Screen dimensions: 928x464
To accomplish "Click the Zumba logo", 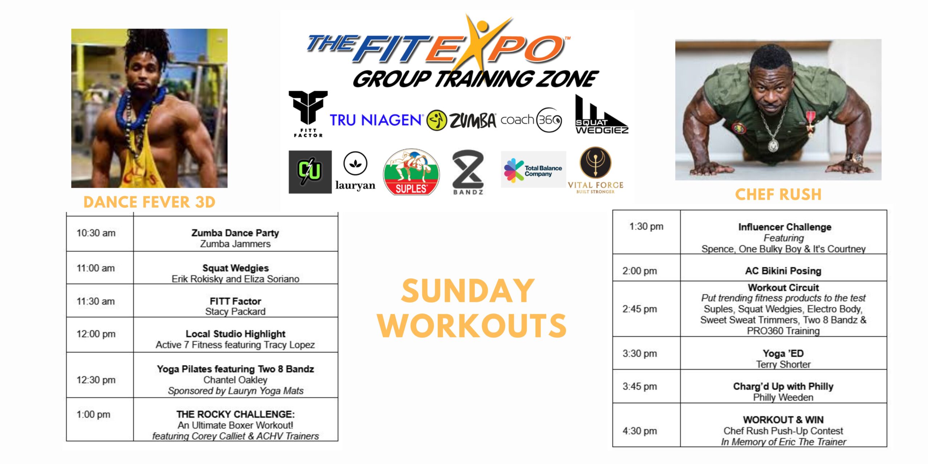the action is (461, 120).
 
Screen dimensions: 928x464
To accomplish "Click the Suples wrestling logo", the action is (411, 172).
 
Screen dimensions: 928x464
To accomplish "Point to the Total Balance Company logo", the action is (533, 170).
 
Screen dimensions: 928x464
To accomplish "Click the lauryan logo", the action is (355, 171).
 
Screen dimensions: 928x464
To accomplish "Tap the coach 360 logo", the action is (531, 120).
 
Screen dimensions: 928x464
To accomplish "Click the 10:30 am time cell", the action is (96, 233).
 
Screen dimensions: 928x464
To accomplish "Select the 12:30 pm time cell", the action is (96, 380).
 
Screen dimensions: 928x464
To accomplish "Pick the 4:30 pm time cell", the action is (640, 431).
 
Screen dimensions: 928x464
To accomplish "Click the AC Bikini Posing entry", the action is (783, 271).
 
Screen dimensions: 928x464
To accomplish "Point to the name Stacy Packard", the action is (235, 311).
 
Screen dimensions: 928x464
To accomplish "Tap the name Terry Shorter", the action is (783, 364).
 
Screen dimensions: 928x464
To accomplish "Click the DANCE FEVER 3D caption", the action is (149, 202).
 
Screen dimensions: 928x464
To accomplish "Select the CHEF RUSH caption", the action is (778, 195).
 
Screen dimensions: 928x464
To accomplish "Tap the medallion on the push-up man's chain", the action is (773, 146).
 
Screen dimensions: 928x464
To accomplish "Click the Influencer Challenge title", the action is (785, 227).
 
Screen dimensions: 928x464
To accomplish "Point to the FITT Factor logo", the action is (308, 114).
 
